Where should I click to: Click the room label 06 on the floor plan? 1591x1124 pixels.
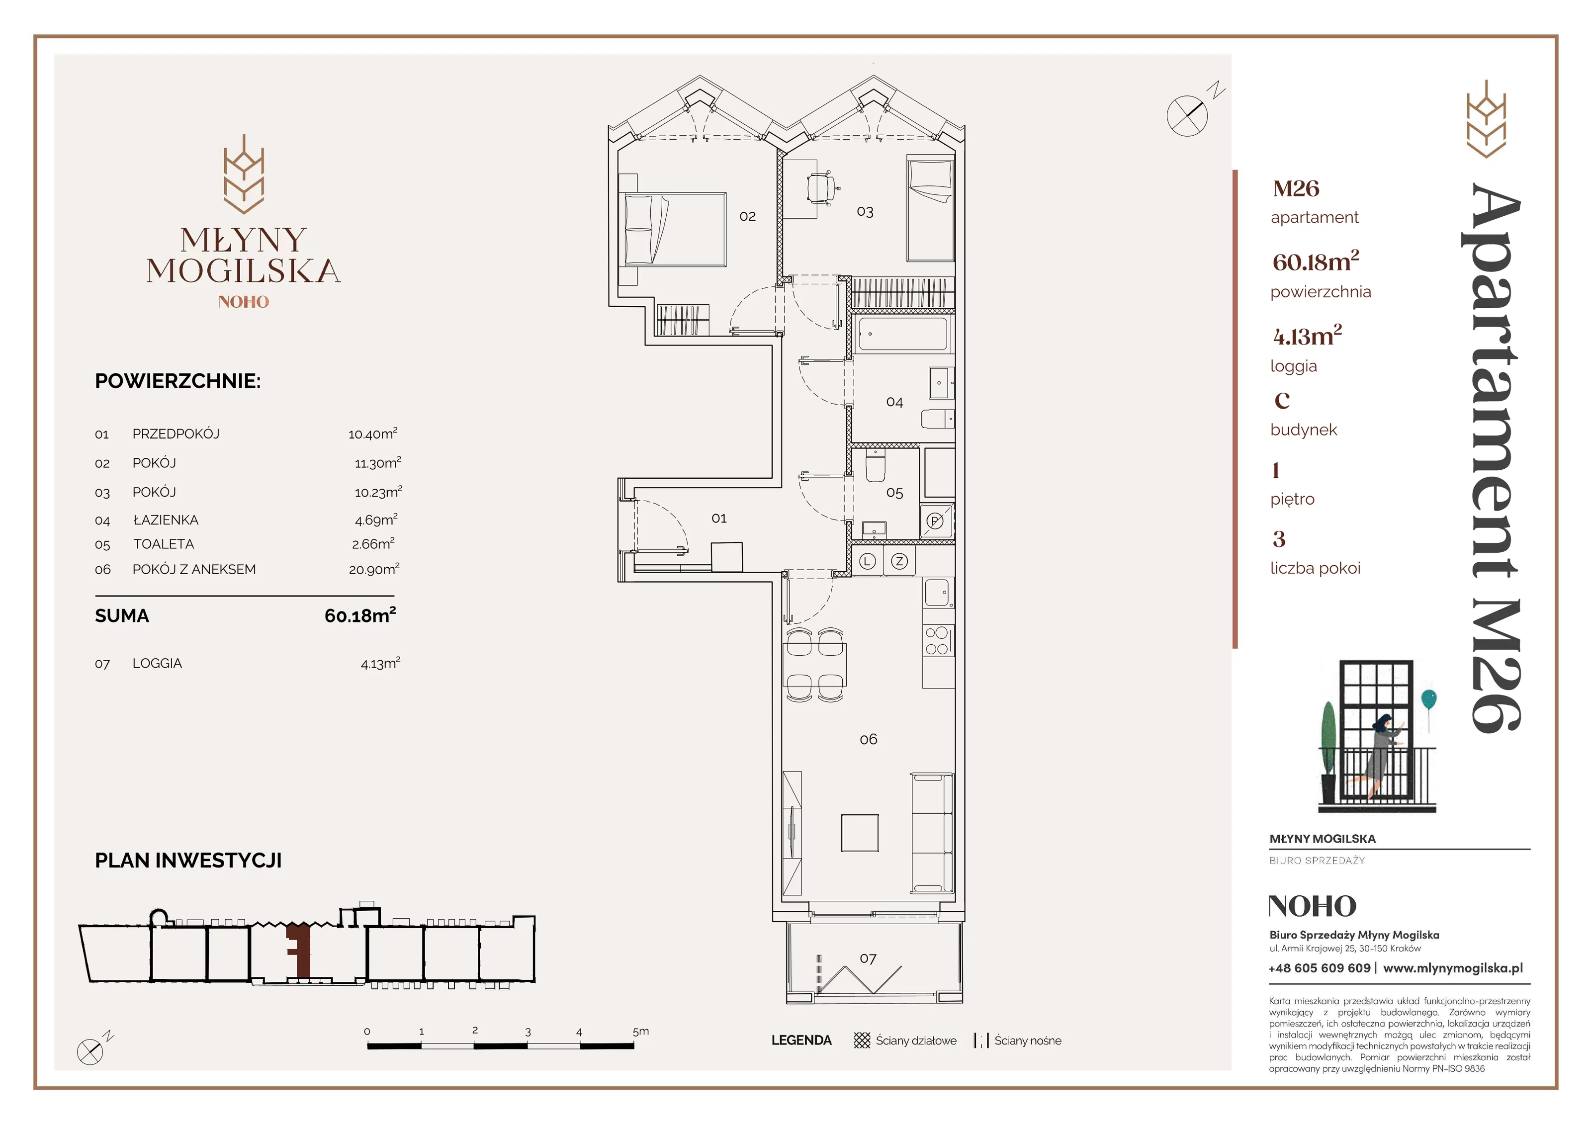(868, 739)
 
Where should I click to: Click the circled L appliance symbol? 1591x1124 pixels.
(868, 561)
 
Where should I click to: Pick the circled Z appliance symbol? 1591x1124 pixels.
(899, 561)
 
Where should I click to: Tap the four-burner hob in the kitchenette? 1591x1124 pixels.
(937, 641)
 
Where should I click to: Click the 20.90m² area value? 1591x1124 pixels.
(374, 569)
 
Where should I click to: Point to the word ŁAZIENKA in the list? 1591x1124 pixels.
(166, 519)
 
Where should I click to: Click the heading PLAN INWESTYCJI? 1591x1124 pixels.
(188, 861)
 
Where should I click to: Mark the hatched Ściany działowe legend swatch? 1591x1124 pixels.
(862, 1040)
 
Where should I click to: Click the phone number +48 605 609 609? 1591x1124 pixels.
(1320, 968)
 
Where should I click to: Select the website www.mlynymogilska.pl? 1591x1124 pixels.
(1453, 968)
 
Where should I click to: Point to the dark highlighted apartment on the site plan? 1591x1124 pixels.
(299, 950)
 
